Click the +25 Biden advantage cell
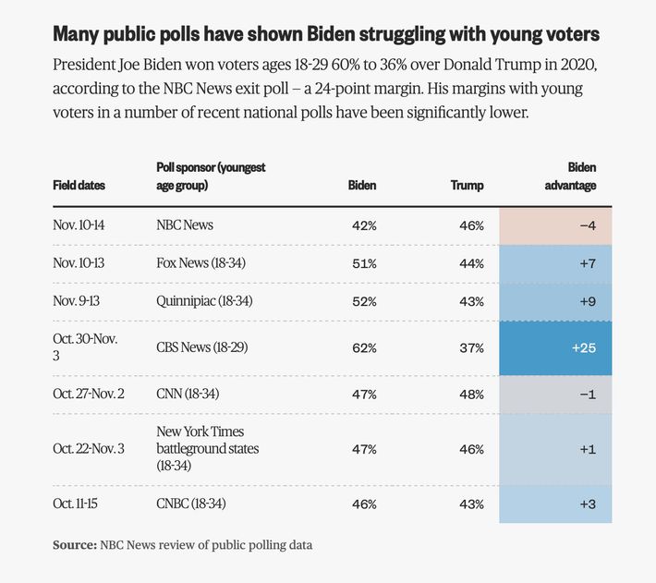click(x=555, y=347)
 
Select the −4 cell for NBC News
click(x=555, y=225)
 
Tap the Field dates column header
click(x=79, y=186)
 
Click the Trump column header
click(x=467, y=186)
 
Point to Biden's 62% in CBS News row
click(x=364, y=347)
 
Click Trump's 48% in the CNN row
click(x=471, y=395)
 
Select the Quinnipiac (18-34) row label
click(x=204, y=300)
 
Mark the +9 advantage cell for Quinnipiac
click(x=555, y=300)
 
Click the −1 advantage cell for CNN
click(x=555, y=395)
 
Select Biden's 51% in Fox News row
click(x=364, y=263)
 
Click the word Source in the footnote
click(x=74, y=545)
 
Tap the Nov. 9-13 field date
click(x=79, y=300)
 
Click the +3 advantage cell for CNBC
click(x=555, y=504)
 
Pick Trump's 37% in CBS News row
click(x=471, y=347)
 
